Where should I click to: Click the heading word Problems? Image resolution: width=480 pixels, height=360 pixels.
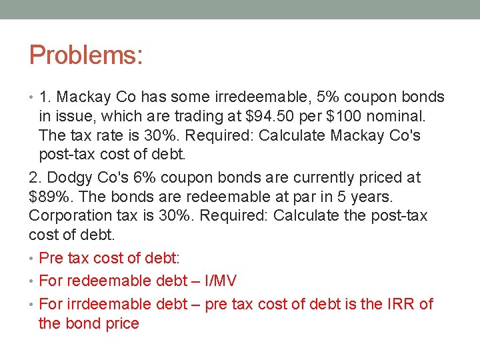click(86, 55)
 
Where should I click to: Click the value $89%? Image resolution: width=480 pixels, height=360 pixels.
click(52, 197)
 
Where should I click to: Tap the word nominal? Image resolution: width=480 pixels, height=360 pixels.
click(406, 116)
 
